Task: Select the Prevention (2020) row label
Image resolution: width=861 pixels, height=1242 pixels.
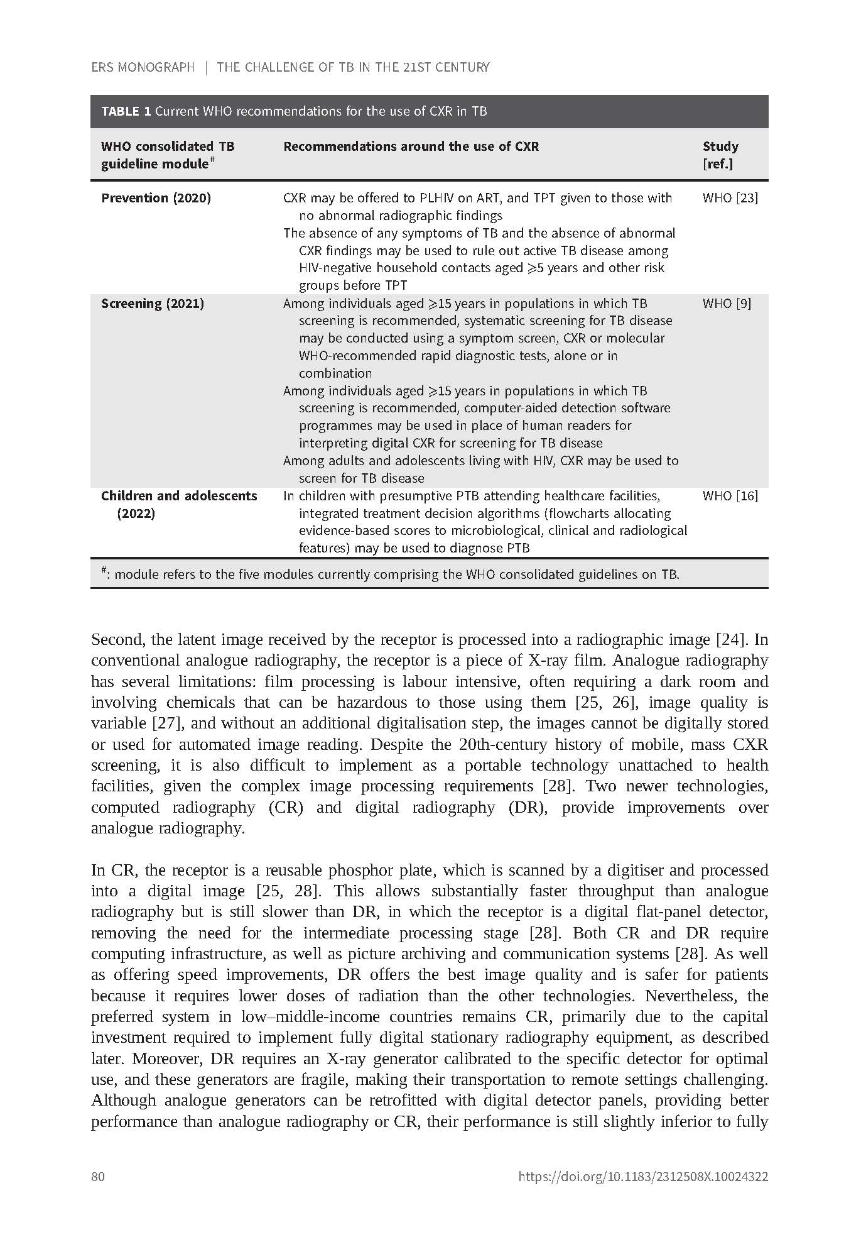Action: click(156, 198)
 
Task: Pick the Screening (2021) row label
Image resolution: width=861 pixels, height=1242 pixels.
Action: click(153, 304)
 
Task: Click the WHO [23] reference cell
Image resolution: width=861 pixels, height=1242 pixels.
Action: click(730, 198)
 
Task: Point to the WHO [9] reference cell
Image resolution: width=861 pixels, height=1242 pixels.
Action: click(727, 304)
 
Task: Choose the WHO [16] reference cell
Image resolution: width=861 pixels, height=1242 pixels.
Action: click(730, 496)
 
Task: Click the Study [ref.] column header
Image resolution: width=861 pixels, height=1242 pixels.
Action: click(720, 155)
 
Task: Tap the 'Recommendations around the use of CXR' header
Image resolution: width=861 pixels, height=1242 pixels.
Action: click(411, 146)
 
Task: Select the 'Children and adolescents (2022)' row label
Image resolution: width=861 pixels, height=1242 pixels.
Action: click(178, 504)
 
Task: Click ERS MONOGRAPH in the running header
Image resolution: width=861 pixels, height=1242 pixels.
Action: click(143, 67)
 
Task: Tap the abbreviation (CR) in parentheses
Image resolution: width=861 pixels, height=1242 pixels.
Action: click(286, 807)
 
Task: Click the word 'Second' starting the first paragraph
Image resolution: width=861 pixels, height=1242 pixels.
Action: click(117, 640)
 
